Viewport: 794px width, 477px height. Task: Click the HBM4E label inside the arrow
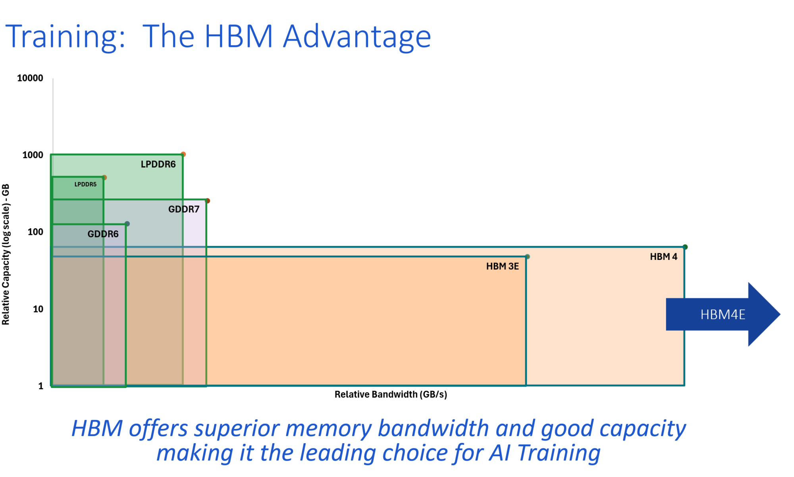tap(723, 314)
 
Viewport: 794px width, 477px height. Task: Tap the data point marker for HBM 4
tap(685, 247)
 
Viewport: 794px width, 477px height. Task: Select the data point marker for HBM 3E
tap(527, 257)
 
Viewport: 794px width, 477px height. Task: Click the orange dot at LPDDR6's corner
tap(183, 154)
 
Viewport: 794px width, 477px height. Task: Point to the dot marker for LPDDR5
tap(104, 178)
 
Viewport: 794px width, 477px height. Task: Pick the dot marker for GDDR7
tap(207, 201)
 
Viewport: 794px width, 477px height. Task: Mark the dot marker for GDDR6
tap(127, 224)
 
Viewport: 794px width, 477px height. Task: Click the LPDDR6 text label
tap(158, 164)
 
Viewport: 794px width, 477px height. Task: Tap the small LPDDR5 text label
tap(85, 184)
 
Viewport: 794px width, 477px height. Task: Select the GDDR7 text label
tap(184, 209)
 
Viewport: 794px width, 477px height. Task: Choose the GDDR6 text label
tap(103, 234)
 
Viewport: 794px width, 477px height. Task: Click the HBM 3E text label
tap(502, 266)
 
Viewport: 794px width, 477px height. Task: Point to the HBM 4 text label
tap(663, 257)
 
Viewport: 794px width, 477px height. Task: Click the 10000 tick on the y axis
tap(30, 78)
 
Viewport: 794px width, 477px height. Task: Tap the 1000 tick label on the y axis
tap(33, 155)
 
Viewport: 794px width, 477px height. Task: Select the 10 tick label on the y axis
tap(38, 309)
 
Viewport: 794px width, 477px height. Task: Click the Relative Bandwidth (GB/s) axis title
tap(391, 394)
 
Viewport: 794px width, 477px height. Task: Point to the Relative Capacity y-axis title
tap(6, 254)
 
